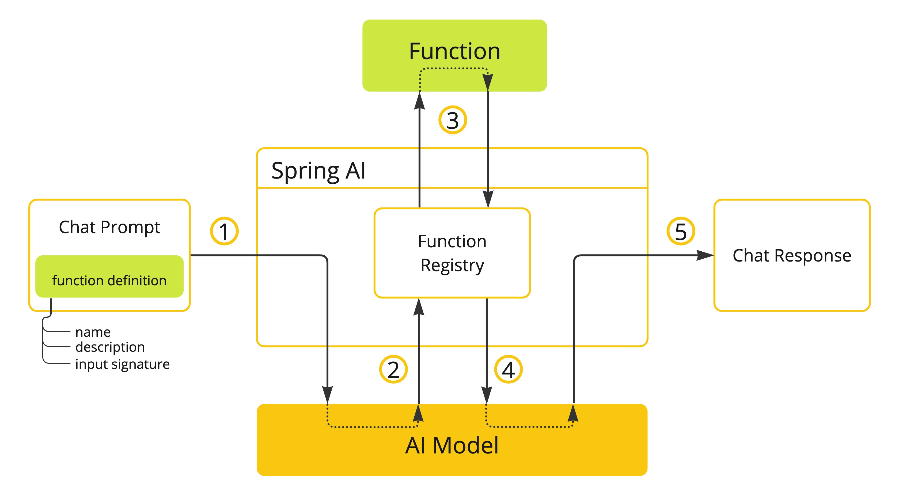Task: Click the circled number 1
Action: (x=224, y=231)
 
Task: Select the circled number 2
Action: (x=393, y=369)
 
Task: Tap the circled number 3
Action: (x=453, y=120)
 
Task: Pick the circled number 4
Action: (x=508, y=369)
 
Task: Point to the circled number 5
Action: (x=680, y=231)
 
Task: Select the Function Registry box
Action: (x=452, y=253)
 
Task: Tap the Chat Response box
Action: (x=792, y=255)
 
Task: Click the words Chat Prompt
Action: (x=109, y=227)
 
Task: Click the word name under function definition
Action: (x=93, y=332)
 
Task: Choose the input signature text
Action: (x=122, y=364)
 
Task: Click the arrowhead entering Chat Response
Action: (x=705, y=255)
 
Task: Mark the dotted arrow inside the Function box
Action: (x=454, y=68)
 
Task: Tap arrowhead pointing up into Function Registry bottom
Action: (x=419, y=307)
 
